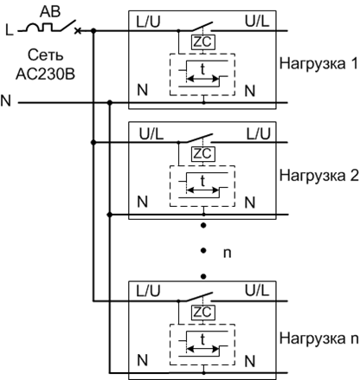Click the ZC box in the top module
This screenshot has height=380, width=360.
[x=203, y=42]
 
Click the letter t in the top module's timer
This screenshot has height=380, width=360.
[x=202, y=71]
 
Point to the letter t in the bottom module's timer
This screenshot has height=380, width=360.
[x=202, y=341]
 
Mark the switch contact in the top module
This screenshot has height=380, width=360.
[x=203, y=25]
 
